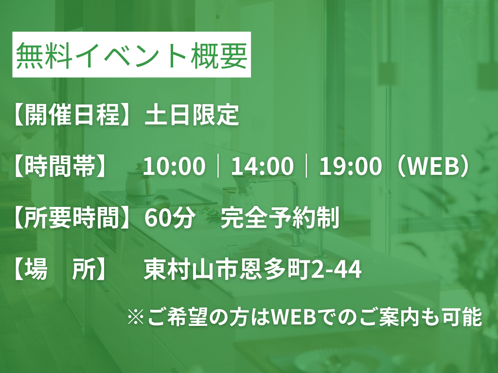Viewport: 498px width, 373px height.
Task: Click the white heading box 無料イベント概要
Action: pyautogui.click(x=131, y=54)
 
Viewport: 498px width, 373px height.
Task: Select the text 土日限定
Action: pyautogui.click(x=192, y=114)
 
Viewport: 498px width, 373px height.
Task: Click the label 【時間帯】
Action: pyautogui.click(x=59, y=166)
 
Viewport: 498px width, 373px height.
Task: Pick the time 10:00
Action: pyautogui.click(x=174, y=166)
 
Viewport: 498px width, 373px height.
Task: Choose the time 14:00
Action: pyautogui.click(x=262, y=166)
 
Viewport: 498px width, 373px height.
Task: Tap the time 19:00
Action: pyautogui.click(x=350, y=166)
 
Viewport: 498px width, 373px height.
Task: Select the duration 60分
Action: pyautogui.click(x=170, y=218)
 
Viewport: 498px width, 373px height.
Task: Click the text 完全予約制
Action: pyautogui.click(x=280, y=218)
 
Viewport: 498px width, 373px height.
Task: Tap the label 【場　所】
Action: pyautogui.click(x=59, y=270)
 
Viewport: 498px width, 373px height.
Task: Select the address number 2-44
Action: pyautogui.click(x=337, y=270)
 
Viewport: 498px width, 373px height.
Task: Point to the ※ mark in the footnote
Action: pyautogui.click(x=136, y=317)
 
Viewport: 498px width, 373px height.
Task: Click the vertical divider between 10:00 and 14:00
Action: pyautogui.click(x=218, y=166)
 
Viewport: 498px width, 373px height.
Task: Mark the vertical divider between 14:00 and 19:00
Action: pyautogui.click(x=306, y=166)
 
